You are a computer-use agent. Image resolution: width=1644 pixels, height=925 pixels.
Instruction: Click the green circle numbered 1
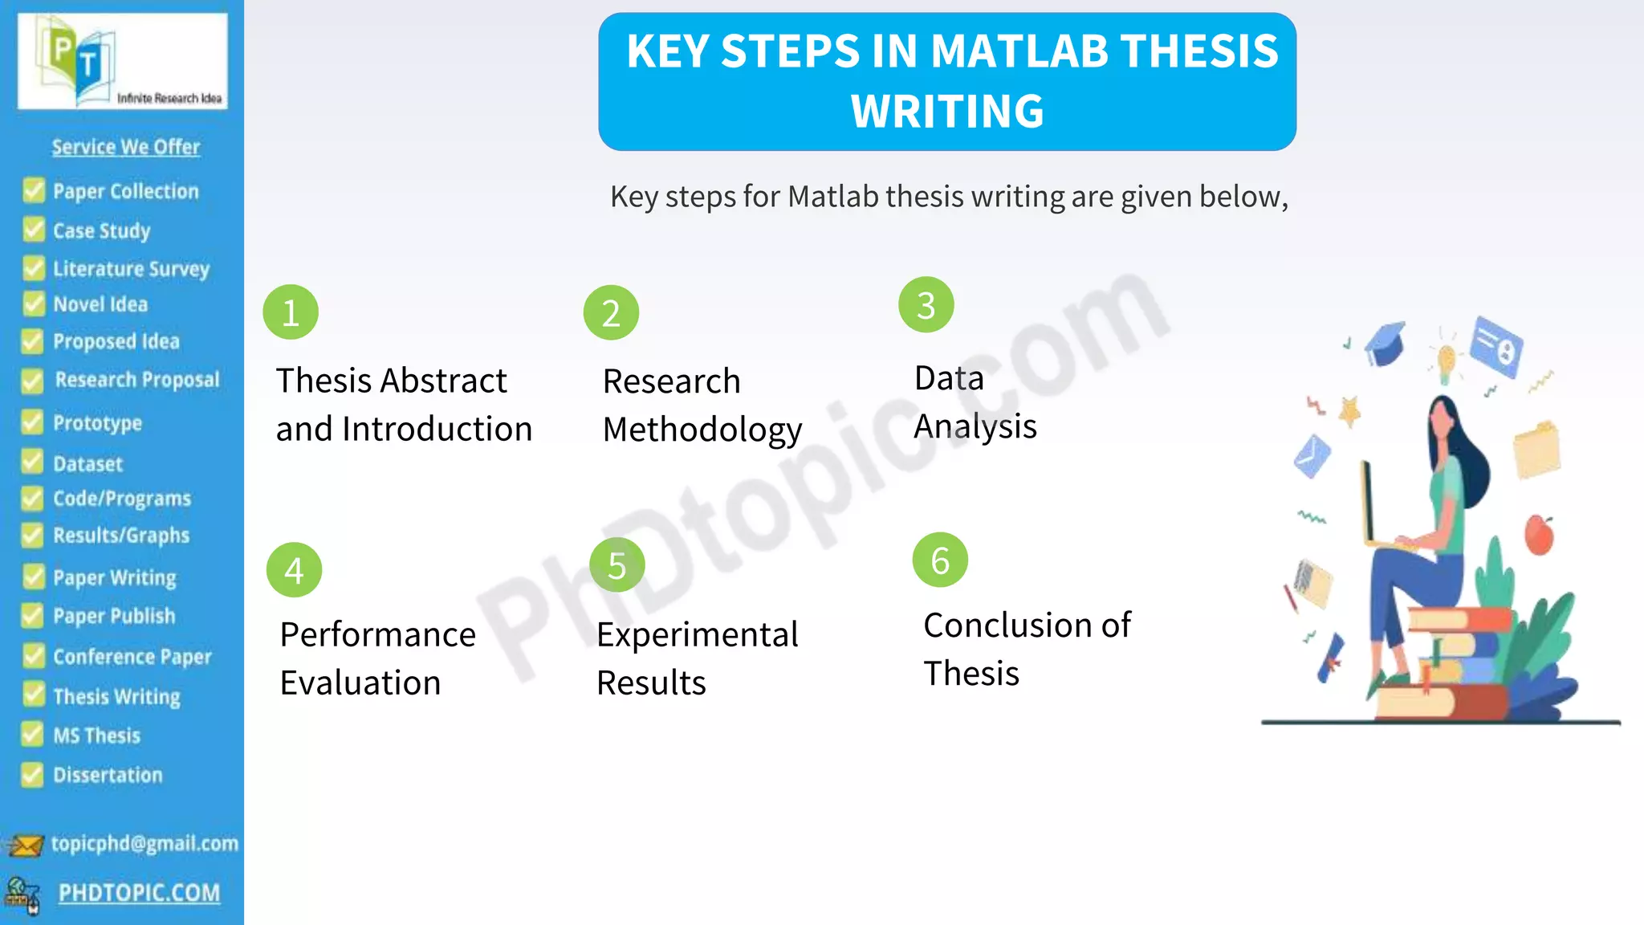click(x=291, y=312)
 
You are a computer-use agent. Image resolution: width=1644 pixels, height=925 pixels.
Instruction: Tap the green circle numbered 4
click(x=294, y=570)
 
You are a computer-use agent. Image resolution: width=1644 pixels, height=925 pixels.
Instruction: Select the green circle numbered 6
click(x=940, y=560)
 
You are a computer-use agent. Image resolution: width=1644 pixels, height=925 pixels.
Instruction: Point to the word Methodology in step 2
click(x=702, y=430)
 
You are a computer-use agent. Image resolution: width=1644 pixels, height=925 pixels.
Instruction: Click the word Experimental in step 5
click(x=697, y=635)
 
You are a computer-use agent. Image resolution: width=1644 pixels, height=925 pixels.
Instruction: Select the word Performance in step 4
click(x=377, y=635)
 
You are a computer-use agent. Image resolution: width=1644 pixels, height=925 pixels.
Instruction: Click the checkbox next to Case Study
click(x=34, y=230)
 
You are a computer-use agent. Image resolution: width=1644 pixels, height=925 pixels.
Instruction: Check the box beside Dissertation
click(x=32, y=775)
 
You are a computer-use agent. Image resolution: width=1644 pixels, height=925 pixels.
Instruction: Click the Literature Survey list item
click(x=131, y=268)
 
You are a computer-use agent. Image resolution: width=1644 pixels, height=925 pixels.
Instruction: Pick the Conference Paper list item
click(x=132, y=657)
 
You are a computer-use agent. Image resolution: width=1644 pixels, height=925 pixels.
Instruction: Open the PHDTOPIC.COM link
click(x=139, y=893)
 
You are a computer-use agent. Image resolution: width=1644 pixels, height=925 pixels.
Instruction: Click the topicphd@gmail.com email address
click(x=144, y=843)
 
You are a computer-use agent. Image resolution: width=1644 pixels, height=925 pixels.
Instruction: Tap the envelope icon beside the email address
click(x=26, y=846)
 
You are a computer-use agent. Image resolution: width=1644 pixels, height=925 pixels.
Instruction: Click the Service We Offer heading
click(x=126, y=147)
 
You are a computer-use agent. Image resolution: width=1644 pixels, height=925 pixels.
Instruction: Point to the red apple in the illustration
click(x=1539, y=535)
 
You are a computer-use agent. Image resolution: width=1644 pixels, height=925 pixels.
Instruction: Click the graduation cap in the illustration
click(x=1386, y=343)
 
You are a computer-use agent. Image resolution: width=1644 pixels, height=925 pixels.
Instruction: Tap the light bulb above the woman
click(x=1446, y=361)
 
